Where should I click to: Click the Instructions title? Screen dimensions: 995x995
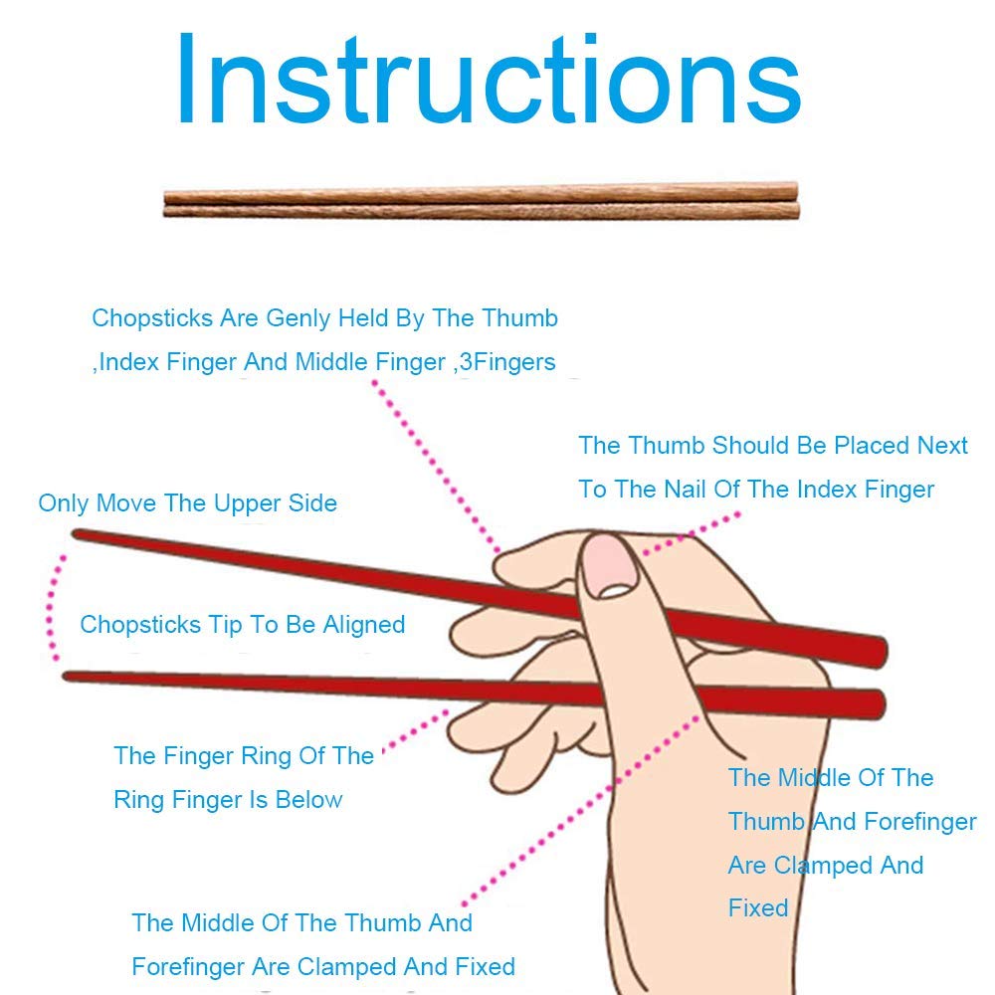point(489,79)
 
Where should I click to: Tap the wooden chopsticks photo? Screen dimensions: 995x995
point(481,201)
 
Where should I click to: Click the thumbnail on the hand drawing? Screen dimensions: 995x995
point(609,566)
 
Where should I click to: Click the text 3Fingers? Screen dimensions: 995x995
point(507,362)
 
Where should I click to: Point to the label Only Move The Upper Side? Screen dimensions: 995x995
point(187,503)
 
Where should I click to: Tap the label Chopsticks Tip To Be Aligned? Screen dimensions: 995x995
point(243,625)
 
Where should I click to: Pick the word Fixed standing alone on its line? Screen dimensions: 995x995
point(757,908)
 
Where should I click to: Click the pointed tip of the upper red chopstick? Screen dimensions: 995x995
point(75,533)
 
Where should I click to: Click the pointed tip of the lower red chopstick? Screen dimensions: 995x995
point(66,677)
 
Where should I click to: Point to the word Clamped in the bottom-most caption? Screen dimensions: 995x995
point(346,967)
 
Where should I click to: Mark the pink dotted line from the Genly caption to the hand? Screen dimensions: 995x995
point(436,467)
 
